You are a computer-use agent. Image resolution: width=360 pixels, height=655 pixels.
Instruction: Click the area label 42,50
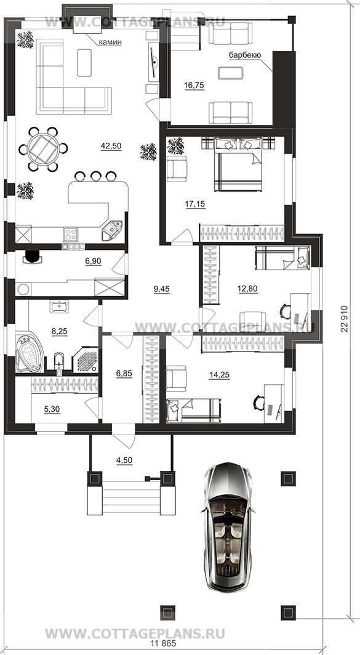(x=111, y=146)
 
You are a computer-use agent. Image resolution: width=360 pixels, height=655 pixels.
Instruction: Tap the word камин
(x=110, y=42)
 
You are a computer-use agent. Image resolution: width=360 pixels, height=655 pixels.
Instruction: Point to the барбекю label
(x=245, y=55)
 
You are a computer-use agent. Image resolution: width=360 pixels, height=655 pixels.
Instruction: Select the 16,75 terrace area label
(x=193, y=85)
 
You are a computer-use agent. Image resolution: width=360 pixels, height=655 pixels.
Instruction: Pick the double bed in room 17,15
(x=239, y=164)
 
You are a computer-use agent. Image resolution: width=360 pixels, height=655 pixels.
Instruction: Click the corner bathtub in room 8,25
(x=30, y=352)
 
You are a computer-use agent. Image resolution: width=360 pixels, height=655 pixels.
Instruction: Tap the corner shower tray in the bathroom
(x=86, y=358)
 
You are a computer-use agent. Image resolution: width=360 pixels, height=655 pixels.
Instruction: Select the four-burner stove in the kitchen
(x=70, y=235)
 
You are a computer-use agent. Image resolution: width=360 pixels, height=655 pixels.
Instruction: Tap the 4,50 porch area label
(x=124, y=460)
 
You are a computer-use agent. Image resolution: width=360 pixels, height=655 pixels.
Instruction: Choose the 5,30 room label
(x=52, y=410)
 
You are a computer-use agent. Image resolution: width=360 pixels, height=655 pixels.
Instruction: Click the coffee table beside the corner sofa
(x=84, y=63)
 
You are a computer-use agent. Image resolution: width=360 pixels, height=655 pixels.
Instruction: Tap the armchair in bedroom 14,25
(x=176, y=379)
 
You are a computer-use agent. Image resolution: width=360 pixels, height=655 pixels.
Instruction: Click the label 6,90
(x=93, y=261)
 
